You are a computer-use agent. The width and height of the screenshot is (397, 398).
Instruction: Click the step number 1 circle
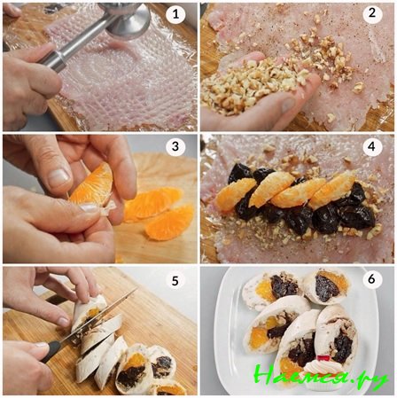(175, 15)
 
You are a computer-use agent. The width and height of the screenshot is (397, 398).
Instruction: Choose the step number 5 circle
(175, 282)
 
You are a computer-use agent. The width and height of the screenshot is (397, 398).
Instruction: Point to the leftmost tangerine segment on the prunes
(236, 193)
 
